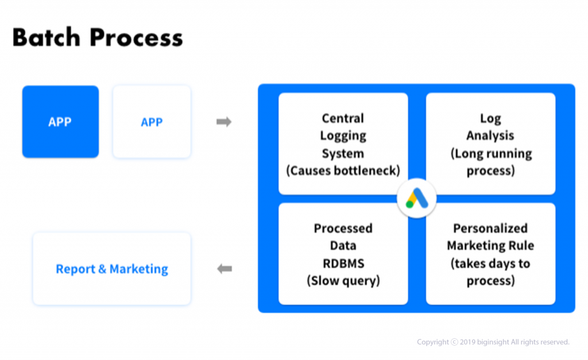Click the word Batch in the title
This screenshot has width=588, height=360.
(x=47, y=37)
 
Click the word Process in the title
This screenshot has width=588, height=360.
(x=136, y=37)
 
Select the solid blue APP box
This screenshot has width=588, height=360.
(x=60, y=122)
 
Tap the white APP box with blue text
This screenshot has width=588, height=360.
(x=152, y=122)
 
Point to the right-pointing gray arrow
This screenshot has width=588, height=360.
(x=224, y=122)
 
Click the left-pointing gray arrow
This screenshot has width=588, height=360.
(x=225, y=269)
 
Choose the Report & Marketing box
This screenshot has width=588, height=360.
(x=112, y=269)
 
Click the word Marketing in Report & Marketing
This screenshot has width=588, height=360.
(x=139, y=269)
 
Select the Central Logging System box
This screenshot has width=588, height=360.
(x=343, y=144)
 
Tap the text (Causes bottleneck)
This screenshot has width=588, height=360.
(x=343, y=171)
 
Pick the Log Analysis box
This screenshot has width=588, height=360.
(x=490, y=144)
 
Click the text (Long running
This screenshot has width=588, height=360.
(x=491, y=153)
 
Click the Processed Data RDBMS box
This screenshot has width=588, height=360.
(x=343, y=254)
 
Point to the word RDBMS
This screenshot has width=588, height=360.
(x=343, y=263)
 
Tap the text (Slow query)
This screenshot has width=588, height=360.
(x=343, y=281)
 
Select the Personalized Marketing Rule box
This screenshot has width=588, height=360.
(x=490, y=254)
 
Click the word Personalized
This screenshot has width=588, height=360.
(x=490, y=228)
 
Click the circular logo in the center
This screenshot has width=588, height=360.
(x=417, y=198)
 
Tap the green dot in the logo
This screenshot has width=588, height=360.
(x=409, y=205)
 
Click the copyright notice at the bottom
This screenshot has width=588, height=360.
(x=493, y=342)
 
